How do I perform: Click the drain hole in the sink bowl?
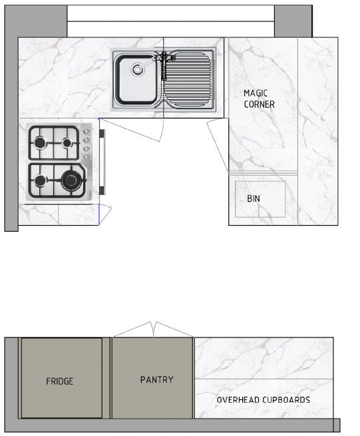pyautogui.click(x=138, y=69)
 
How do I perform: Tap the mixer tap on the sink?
pyautogui.click(x=164, y=65)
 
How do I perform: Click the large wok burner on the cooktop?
pyautogui.click(x=71, y=180)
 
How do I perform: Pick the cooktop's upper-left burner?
pyautogui.click(x=40, y=142)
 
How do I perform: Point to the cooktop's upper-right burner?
pyautogui.click(x=67, y=143)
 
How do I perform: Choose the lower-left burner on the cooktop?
pyautogui.click(x=40, y=180)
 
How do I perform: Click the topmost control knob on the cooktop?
pyautogui.click(x=87, y=132)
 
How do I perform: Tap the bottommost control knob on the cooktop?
pyautogui.click(x=87, y=158)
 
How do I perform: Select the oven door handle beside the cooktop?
pyautogui.click(x=102, y=162)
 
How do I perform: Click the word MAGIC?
pyautogui.click(x=256, y=93)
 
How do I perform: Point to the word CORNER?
pyautogui.click(x=259, y=105)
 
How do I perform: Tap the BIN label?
pyautogui.click(x=254, y=198)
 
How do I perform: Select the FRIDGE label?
pyautogui.click(x=59, y=381)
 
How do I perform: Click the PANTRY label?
pyautogui.click(x=157, y=380)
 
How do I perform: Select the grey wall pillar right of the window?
pyautogui.click(x=293, y=21)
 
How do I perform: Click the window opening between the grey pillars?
pyautogui.click(x=171, y=21)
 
